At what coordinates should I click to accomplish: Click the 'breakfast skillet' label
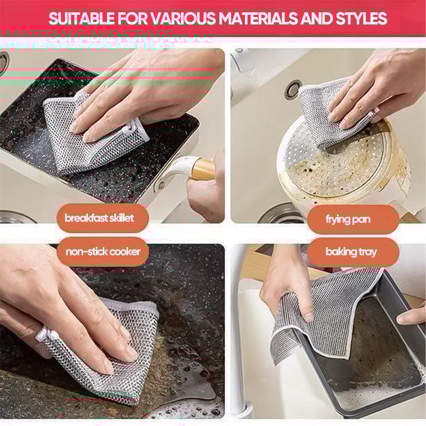(100, 218)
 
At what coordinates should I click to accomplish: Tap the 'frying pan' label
(348, 219)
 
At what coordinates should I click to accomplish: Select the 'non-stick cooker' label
(103, 252)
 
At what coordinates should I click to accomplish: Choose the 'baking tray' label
(351, 252)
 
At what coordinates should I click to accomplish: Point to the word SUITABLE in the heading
(79, 19)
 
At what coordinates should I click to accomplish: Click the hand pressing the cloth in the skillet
(144, 91)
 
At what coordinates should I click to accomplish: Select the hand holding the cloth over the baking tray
(285, 282)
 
